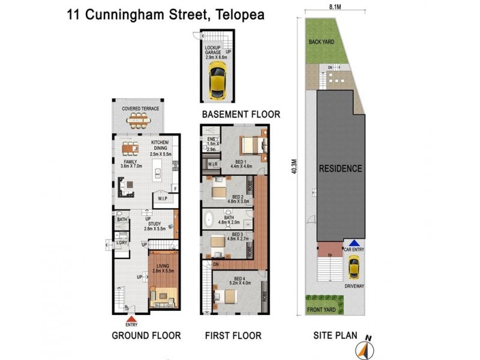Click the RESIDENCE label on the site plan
pos(340,169)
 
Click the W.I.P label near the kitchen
pos(162,198)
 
